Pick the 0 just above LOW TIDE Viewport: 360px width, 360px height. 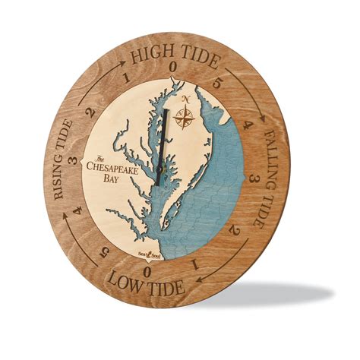click(150, 270)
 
